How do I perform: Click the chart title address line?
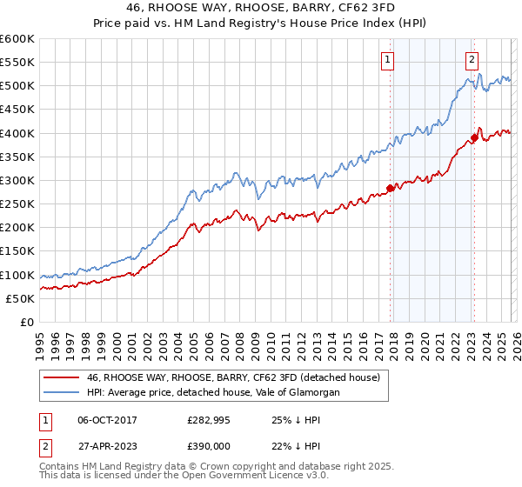pos(260,8)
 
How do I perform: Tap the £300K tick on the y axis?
pos(17,181)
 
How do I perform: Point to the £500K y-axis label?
pos(17,86)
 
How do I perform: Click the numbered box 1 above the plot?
pos(386,60)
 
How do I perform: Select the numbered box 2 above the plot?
pos(471,60)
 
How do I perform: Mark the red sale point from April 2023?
pos(474,137)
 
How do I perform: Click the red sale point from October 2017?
pos(390,188)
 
